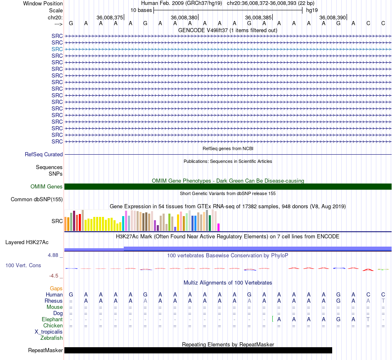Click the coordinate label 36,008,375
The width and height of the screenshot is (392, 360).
110,17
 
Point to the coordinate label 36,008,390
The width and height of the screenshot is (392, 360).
333,17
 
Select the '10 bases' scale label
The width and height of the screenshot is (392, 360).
141,10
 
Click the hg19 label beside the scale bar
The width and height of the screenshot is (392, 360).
312,10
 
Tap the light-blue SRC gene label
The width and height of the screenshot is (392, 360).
57,49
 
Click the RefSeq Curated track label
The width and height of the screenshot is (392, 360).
44,154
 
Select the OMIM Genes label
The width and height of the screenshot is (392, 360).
47,187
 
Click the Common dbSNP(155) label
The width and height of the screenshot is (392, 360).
37,199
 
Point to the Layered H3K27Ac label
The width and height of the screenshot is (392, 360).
27,242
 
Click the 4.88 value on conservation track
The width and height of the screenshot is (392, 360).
53,255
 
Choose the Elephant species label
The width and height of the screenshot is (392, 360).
52,320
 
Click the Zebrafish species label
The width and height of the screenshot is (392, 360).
52,338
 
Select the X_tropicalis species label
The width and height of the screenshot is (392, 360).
49,332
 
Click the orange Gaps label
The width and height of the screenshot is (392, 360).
56,289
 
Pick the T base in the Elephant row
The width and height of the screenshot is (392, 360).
368,319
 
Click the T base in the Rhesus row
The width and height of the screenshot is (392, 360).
383,301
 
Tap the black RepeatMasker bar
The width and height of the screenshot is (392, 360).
198,350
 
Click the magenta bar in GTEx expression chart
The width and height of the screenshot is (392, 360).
219,227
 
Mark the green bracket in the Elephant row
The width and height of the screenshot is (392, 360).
273,319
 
